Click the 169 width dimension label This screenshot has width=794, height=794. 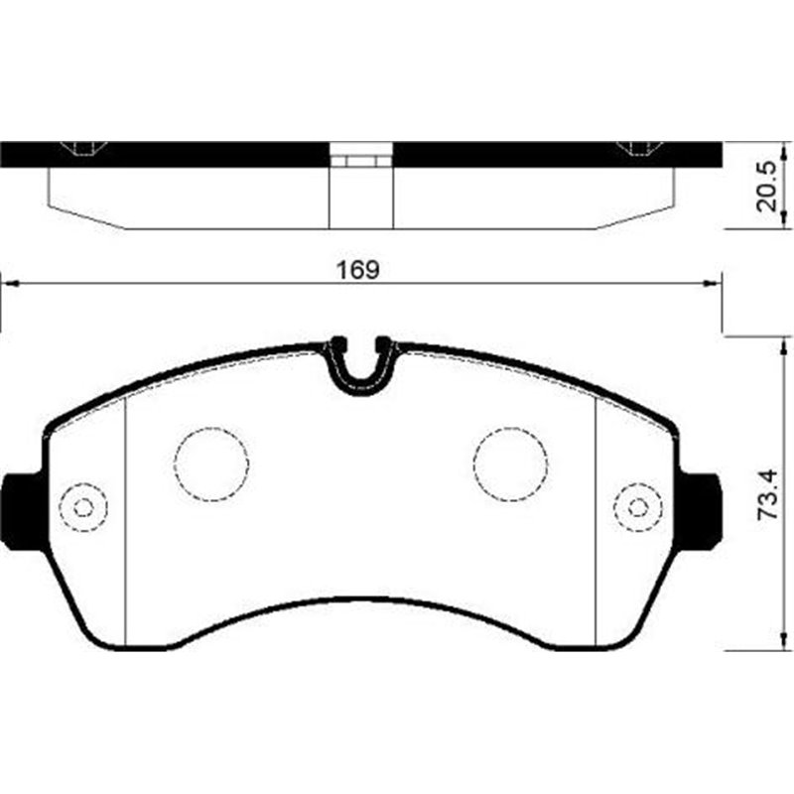click(359, 269)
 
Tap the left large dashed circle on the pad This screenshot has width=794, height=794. click(211, 463)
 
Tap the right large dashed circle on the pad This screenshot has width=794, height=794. click(510, 463)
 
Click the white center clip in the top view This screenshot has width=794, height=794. click(360, 158)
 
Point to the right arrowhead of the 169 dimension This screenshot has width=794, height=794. click(713, 285)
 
